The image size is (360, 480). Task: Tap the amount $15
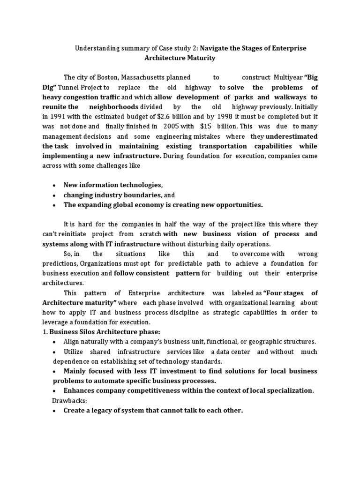tap(206, 127)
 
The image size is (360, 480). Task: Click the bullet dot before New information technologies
tap(55, 185)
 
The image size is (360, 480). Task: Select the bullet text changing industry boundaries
tap(112, 195)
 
